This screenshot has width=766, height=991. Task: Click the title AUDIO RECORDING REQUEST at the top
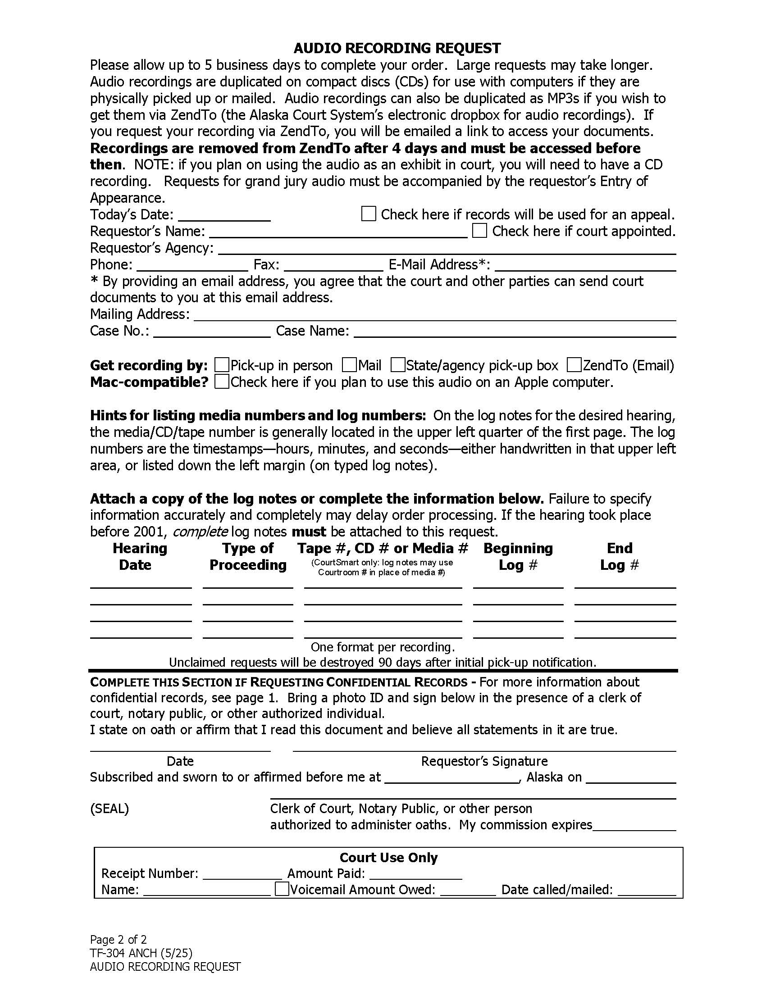tap(397, 48)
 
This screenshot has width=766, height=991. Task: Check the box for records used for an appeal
tap(368, 214)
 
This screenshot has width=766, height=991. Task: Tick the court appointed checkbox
tap(479, 231)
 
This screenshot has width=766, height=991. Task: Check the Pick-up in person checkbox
tap(221, 365)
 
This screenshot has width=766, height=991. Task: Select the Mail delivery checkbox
tap(349, 365)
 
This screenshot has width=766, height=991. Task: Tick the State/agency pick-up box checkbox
tap(397, 365)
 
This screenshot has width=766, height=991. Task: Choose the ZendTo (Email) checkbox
tap(574, 365)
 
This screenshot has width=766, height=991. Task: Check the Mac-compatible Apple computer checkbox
tap(221, 382)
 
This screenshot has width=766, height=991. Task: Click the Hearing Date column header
tap(140, 556)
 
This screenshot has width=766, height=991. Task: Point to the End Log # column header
tap(620, 556)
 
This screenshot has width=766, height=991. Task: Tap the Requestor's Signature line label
tap(484, 761)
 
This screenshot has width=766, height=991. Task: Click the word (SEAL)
tap(109, 809)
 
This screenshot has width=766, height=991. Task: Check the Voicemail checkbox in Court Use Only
tap(282, 888)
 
